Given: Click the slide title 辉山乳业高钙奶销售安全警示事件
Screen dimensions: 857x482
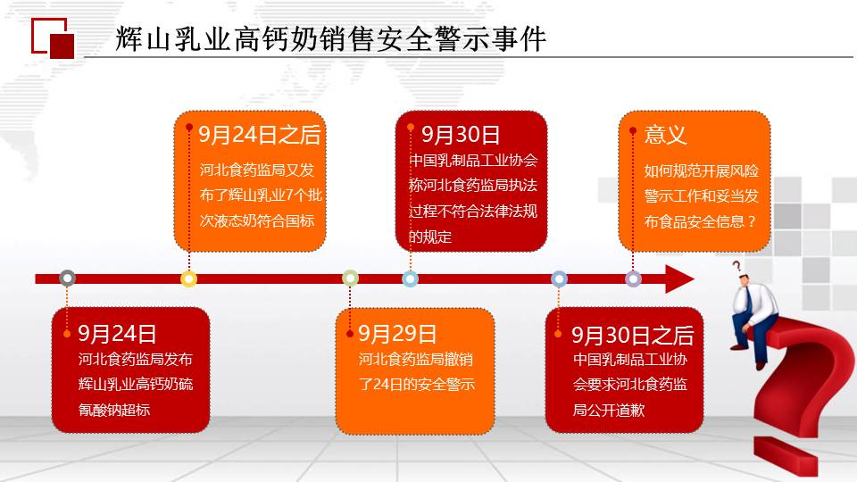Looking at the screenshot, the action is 330,38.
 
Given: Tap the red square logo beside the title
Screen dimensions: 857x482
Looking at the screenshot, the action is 53,38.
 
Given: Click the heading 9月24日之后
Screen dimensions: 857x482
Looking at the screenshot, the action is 259,135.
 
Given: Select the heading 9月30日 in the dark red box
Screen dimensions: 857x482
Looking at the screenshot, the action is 461,135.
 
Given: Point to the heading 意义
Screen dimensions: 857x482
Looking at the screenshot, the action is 665,134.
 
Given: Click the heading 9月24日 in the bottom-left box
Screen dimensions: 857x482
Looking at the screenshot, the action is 117,333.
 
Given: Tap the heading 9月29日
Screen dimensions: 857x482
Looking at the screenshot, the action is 397,333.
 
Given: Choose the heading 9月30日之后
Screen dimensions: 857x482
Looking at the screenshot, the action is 632,335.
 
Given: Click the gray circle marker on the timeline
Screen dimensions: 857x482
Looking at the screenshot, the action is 67,278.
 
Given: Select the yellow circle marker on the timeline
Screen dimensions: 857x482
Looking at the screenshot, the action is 188,278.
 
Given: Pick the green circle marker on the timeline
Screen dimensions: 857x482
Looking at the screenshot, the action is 350,278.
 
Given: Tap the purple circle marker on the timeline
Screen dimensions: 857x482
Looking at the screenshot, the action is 633,278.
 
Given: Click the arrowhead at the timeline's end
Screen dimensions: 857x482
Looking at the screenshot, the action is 679,278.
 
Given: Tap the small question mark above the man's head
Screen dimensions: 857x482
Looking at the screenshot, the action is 736,267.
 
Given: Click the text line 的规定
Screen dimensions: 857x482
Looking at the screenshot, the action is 430,237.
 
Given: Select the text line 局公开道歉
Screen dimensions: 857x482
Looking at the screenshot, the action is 608,410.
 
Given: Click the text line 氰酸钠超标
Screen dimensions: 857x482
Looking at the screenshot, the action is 113,410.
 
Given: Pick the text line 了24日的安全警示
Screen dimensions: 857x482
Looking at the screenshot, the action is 417,384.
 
